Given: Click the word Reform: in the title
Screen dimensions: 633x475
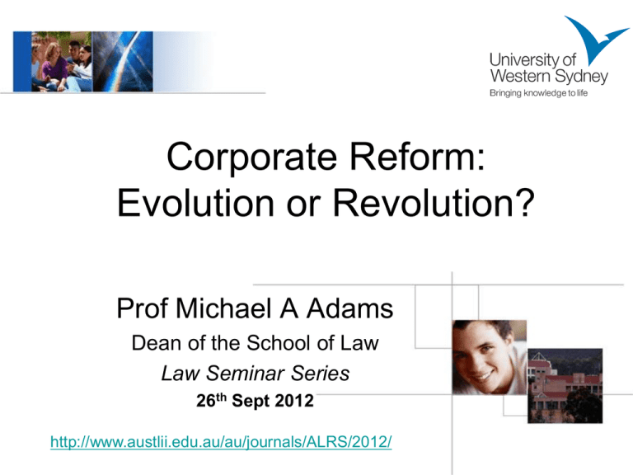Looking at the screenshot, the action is click(x=417, y=157).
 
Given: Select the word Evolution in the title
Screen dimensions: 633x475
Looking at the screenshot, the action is click(x=196, y=203).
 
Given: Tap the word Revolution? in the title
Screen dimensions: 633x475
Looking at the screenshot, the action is click(x=434, y=203).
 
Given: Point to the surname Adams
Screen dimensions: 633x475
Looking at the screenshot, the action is click(x=349, y=308).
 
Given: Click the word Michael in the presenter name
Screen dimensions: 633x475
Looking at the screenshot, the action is click(x=223, y=308).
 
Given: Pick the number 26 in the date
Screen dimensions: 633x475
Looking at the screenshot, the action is click(x=206, y=401).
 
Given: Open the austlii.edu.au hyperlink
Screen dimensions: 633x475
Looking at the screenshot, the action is click(x=221, y=441).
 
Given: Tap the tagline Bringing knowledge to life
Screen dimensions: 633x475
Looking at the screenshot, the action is click(x=538, y=93).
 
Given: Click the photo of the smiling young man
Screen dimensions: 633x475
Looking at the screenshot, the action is click(x=490, y=357).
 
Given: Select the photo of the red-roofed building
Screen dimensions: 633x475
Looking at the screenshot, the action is click(x=565, y=386).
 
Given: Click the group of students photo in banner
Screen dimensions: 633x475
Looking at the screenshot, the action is click(x=61, y=61).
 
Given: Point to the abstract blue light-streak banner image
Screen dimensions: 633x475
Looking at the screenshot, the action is click(x=123, y=61).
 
